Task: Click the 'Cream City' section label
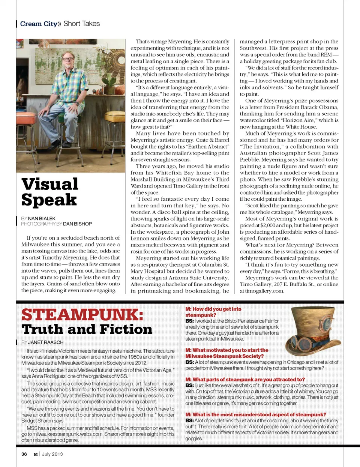pos(39,24)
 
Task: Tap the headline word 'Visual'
pos(50,184)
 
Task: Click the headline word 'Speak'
pos(49,200)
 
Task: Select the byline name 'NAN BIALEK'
pos(42,218)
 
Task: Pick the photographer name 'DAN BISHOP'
pos(77,224)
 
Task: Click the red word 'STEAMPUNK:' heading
pos(82,315)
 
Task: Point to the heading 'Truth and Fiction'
pos(87,329)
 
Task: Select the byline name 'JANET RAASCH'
pos(46,342)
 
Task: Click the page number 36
pos(24,454)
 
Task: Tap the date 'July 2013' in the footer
pos(52,454)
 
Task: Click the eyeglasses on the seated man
pos(68,59)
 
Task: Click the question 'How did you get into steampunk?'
pos(213,312)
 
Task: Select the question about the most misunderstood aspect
pos(256,414)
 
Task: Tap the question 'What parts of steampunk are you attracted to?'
pos(245,379)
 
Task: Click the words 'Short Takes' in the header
pos(82,24)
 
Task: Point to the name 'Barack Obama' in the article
pos(321,107)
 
